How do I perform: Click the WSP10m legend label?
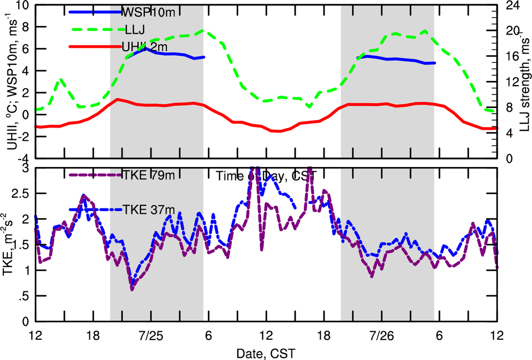pyautogui.click(x=143, y=12)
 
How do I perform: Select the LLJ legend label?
pyautogui.click(x=132, y=30)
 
